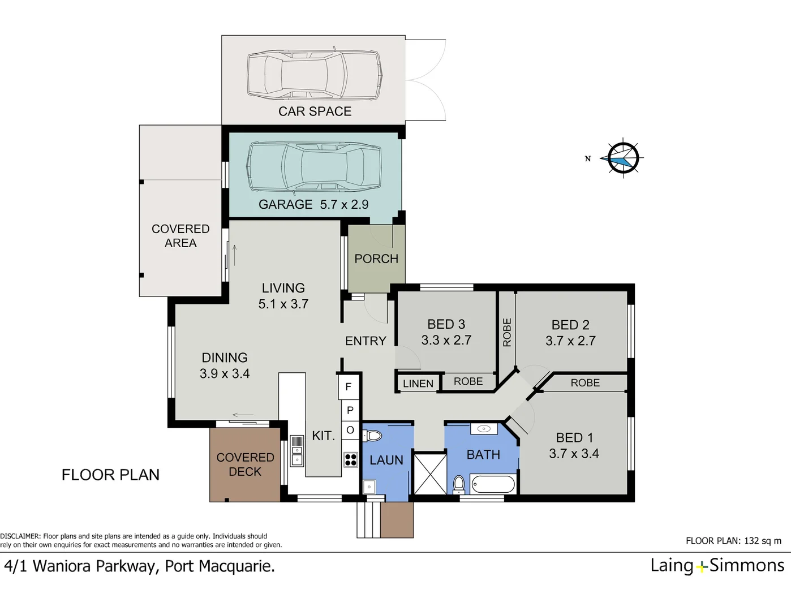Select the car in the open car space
[x=314, y=75]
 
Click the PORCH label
[x=376, y=259]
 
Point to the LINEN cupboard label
[x=418, y=384]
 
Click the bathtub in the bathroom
[x=493, y=485]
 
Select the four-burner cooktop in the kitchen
[x=350, y=459]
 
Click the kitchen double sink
[x=296, y=450]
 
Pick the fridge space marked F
[x=349, y=387]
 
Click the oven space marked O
[x=350, y=431]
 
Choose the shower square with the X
[x=429, y=474]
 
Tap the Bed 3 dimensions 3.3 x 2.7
[x=446, y=340]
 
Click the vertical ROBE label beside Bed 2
[x=507, y=332]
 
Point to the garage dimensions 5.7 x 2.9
[x=344, y=205]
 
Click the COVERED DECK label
[x=245, y=464]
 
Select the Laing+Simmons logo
[x=717, y=565]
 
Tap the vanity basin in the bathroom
[x=484, y=429]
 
